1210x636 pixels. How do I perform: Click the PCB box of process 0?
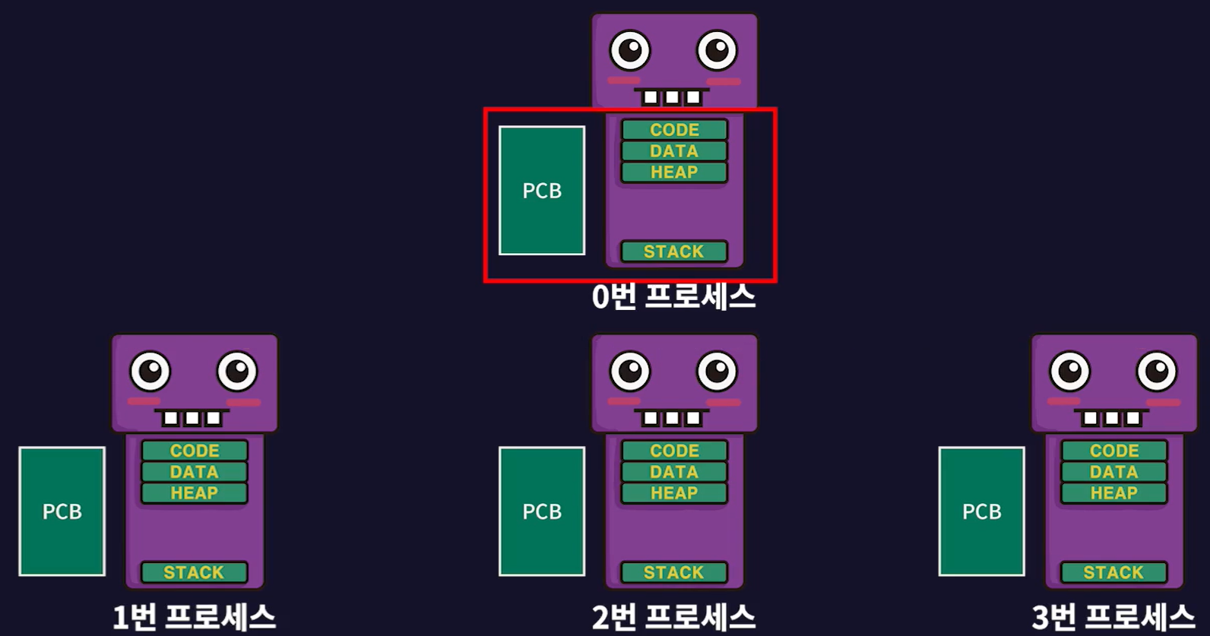coord(542,191)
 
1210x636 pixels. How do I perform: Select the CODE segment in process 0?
coord(674,130)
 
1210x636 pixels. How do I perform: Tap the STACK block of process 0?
coord(674,252)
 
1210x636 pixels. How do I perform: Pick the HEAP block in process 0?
coord(674,172)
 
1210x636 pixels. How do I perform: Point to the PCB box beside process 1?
coord(62,511)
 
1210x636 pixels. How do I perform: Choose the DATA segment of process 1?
coord(195,472)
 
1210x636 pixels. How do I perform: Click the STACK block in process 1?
coord(195,572)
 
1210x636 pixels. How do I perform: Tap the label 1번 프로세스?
coord(194,617)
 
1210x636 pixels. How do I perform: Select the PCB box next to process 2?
coord(542,511)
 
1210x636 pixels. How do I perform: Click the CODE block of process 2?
coord(674,451)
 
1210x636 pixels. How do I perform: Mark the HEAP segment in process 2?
coord(674,493)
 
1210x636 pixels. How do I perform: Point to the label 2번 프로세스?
coord(673,617)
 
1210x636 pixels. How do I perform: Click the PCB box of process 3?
coord(981,511)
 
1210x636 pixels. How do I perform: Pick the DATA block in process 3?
coord(1114,472)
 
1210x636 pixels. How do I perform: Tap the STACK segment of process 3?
coord(1114,572)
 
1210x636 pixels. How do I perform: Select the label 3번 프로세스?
coord(1113,617)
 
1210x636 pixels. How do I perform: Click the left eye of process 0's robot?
coord(630,51)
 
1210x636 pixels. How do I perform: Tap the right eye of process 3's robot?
coord(1157,372)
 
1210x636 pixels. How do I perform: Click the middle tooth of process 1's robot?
coord(193,418)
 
